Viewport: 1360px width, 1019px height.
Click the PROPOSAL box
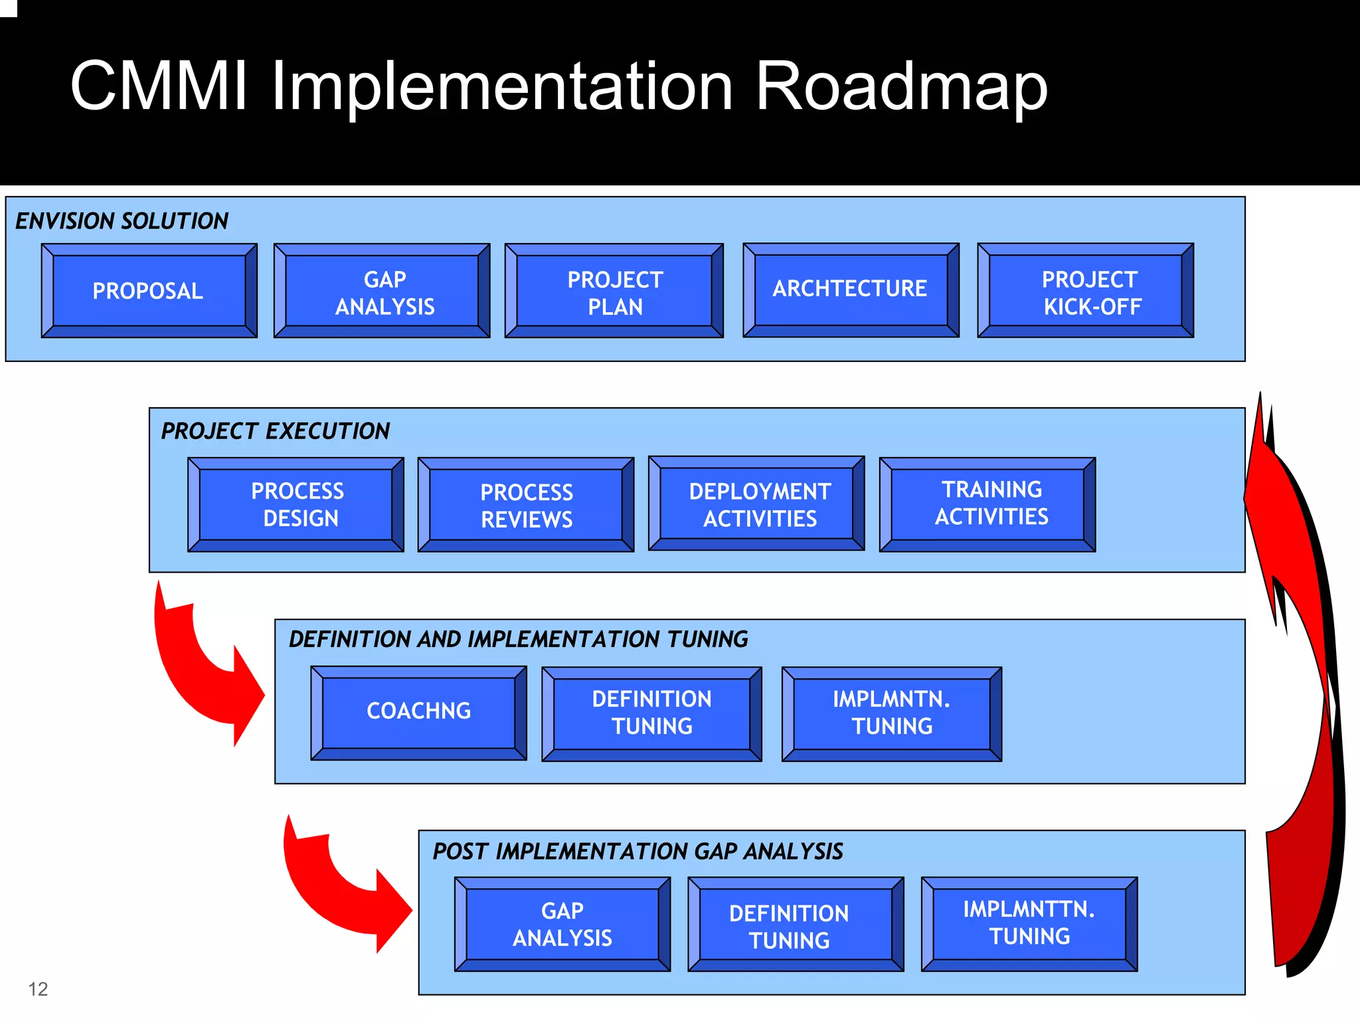(149, 291)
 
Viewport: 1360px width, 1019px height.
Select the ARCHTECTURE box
(851, 290)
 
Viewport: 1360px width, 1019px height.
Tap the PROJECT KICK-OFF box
(1085, 292)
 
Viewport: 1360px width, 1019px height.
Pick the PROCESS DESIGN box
(296, 505)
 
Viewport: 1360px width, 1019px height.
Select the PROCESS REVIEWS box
(526, 506)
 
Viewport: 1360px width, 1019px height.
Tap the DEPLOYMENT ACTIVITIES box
(757, 504)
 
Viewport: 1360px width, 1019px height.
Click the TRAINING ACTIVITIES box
(987, 504)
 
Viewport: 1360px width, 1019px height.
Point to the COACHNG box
(418, 712)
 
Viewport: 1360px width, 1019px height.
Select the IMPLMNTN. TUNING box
(891, 713)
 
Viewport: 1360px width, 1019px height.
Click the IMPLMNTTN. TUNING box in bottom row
(1029, 923)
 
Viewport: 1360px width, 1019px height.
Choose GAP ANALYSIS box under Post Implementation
(562, 924)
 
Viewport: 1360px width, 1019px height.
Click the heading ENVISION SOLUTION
(122, 221)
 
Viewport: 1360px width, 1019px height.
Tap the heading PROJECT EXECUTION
(276, 432)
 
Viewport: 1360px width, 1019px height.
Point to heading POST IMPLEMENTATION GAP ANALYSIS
(637, 852)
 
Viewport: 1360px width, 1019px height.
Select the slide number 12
(38, 989)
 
